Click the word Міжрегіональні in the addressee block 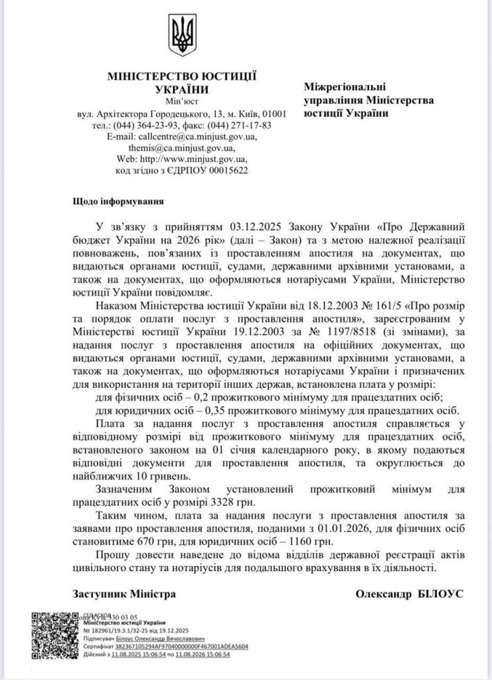click(x=345, y=88)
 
